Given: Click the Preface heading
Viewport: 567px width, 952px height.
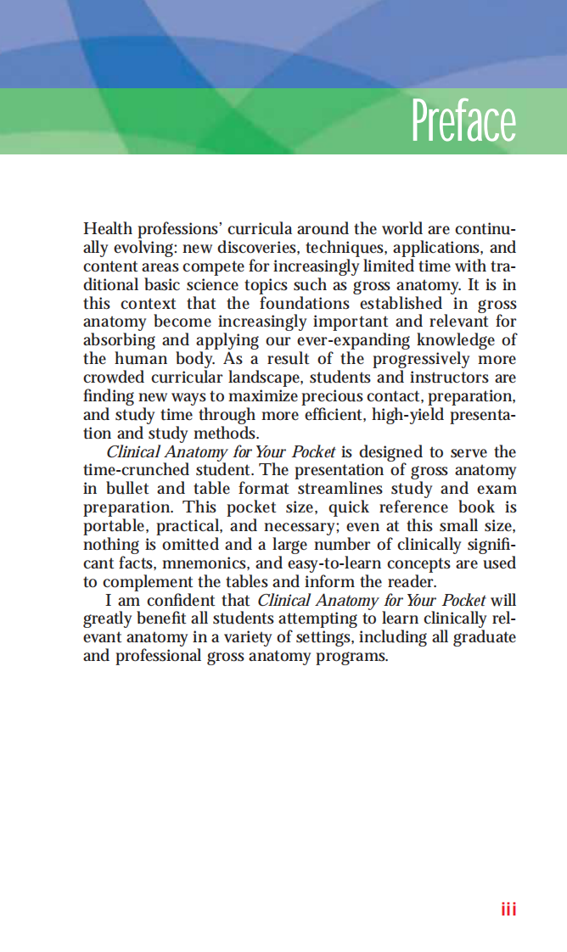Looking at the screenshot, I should point(463,121).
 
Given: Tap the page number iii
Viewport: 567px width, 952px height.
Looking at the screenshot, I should point(508,909).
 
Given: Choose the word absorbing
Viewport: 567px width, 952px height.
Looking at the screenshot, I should point(119,341).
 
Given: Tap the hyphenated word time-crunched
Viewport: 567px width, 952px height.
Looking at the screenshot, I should point(136,470).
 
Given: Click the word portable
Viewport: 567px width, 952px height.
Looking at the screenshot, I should point(116,526).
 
